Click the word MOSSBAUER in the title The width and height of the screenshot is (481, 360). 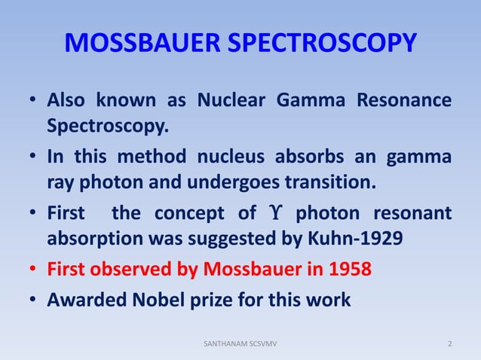[142, 44]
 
